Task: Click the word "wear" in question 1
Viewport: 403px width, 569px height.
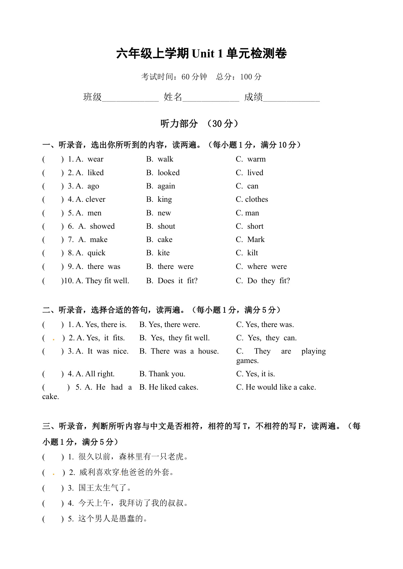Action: click(95, 159)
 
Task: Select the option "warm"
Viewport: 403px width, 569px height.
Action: click(256, 159)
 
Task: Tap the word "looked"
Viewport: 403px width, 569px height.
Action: click(169, 173)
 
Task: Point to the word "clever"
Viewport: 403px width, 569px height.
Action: click(95, 199)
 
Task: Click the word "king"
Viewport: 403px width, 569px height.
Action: click(165, 200)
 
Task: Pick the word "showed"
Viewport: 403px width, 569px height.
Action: click(102, 226)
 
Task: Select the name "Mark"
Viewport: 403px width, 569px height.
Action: click(256, 239)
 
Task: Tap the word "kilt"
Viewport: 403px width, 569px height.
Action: click(253, 253)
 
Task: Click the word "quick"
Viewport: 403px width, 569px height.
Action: click(96, 253)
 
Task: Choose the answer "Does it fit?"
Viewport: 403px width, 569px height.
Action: click(177, 281)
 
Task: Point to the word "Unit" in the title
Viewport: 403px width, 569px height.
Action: click(203, 54)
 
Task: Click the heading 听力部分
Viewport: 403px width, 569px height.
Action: click(179, 124)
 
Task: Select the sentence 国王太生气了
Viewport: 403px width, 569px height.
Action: click(105, 488)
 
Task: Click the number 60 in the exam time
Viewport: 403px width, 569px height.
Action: click(185, 77)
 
